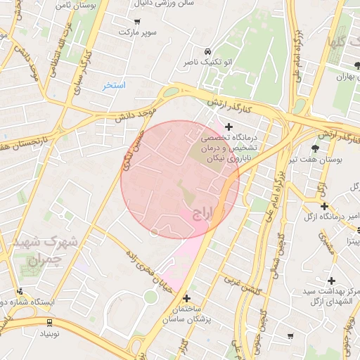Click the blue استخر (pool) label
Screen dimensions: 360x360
pyautogui.click(x=113, y=85)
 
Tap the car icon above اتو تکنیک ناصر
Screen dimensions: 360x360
pyautogui.click(x=207, y=52)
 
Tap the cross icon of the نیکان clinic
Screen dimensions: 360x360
pyautogui.click(x=228, y=126)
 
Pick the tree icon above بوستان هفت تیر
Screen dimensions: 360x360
pyautogui.click(x=314, y=148)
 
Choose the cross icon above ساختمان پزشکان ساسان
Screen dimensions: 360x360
pyautogui.click(x=186, y=297)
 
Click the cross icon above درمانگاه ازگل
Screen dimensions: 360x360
pyautogui.click(x=324, y=206)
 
